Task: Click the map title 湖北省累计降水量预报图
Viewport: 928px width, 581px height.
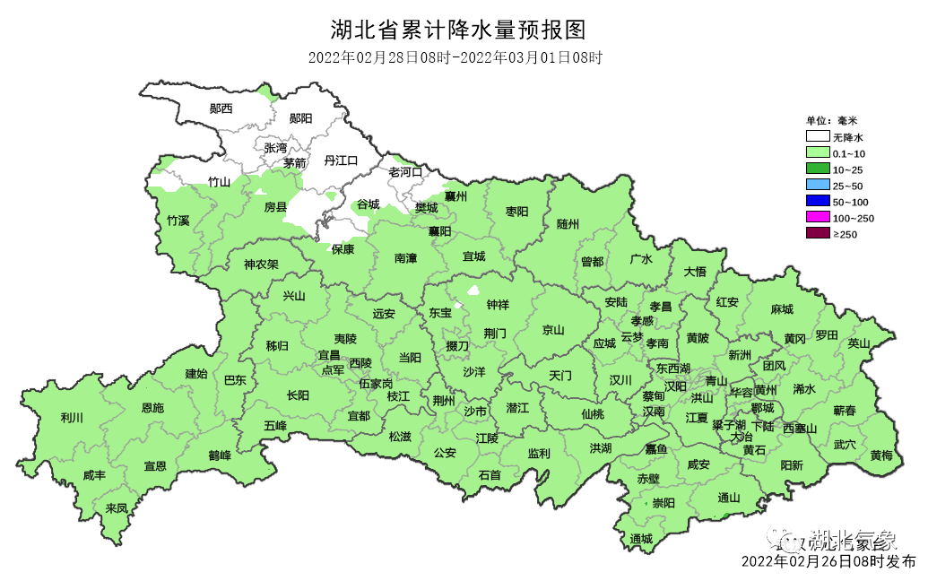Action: click(458, 30)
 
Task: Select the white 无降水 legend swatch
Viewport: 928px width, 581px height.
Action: click(817, 137)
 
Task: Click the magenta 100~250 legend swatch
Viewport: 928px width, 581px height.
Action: click(817, 218)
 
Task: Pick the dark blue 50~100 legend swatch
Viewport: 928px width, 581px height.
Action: click(817, 202)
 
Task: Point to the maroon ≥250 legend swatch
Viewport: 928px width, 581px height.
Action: click(817, 234)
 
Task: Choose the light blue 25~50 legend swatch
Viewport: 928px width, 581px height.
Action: click(817, 186)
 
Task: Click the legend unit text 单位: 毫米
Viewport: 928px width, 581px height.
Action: click(831, 120)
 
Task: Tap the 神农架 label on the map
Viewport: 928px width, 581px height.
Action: click(261, 264)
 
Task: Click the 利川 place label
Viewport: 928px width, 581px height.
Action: click(72, 418)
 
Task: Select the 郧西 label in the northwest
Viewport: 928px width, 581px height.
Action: click(221, 108)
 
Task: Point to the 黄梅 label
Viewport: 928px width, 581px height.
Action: click(881, 455)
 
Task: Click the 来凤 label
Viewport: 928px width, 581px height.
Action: click(117, 507)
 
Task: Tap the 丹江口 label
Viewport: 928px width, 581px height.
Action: click(341, 160)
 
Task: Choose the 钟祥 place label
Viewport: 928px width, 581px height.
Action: click(497, 304)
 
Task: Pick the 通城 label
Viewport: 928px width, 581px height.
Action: click(641, 538)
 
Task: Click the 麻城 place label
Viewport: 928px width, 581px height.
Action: click(782, 309)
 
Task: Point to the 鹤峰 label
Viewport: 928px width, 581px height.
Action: click(220, 455)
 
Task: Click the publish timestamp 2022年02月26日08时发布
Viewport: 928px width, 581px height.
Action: click(828, 562)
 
